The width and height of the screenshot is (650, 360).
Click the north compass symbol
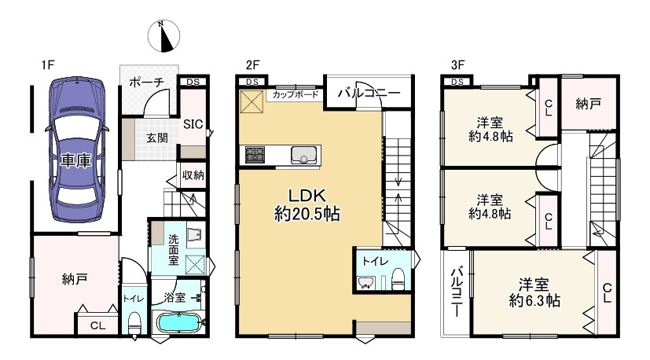point(163,35)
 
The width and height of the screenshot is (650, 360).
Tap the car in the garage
point(77,149)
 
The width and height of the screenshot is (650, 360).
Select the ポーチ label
point(146,83)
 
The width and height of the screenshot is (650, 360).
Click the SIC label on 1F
point(193,124)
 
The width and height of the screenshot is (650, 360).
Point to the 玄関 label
point(157,138)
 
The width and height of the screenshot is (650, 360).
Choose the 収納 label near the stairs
point(193,175)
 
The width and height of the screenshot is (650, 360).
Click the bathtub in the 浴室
point(178,322)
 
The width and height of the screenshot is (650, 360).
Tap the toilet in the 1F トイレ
point(134,322)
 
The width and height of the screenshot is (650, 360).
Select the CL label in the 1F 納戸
point(97,325)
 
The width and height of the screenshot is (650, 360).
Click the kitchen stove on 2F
point(255,155)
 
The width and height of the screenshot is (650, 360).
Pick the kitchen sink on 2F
point(306,155)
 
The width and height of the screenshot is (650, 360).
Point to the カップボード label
point(296,94)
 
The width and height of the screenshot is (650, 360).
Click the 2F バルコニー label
point(369,93)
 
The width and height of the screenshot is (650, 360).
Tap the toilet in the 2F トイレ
point(398,279)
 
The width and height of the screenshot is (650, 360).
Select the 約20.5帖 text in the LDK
point(307,215)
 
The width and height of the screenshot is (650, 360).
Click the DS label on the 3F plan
point(457,82)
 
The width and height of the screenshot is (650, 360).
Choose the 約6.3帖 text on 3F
point(534,300)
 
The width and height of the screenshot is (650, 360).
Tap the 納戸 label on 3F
point(588,104)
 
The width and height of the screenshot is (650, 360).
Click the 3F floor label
point(457,64)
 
